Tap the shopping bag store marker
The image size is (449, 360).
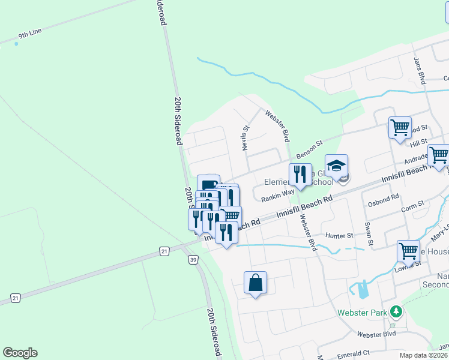(255, 283)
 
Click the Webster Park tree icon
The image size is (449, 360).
(395, 311)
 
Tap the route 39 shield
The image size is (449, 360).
(192, 259)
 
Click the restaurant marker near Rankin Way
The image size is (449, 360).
(300, 175)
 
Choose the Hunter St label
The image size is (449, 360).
(337, 236)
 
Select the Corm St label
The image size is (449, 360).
(412, 206)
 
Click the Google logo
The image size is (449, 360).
(20, 353)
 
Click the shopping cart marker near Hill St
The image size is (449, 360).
(399, 127)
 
